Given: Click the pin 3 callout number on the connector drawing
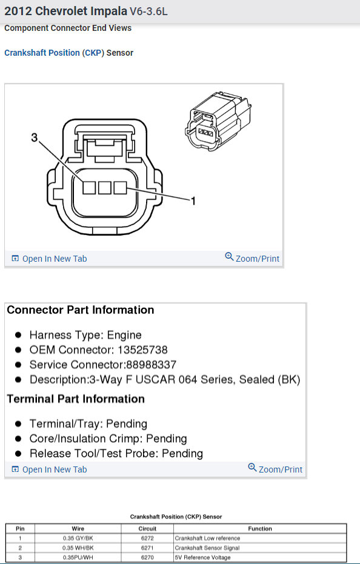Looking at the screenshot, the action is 34,137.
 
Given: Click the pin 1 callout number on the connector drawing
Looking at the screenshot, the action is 193,201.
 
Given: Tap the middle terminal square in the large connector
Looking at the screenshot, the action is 105,188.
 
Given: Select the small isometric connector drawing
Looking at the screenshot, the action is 218,121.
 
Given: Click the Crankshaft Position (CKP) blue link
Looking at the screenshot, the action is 54,53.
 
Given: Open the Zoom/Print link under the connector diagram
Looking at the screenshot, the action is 252,258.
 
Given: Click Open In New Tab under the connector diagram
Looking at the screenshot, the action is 49,259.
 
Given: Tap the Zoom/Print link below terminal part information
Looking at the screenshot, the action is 275,469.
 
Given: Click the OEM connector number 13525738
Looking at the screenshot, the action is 142,350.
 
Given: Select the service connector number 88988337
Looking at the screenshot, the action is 151,365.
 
